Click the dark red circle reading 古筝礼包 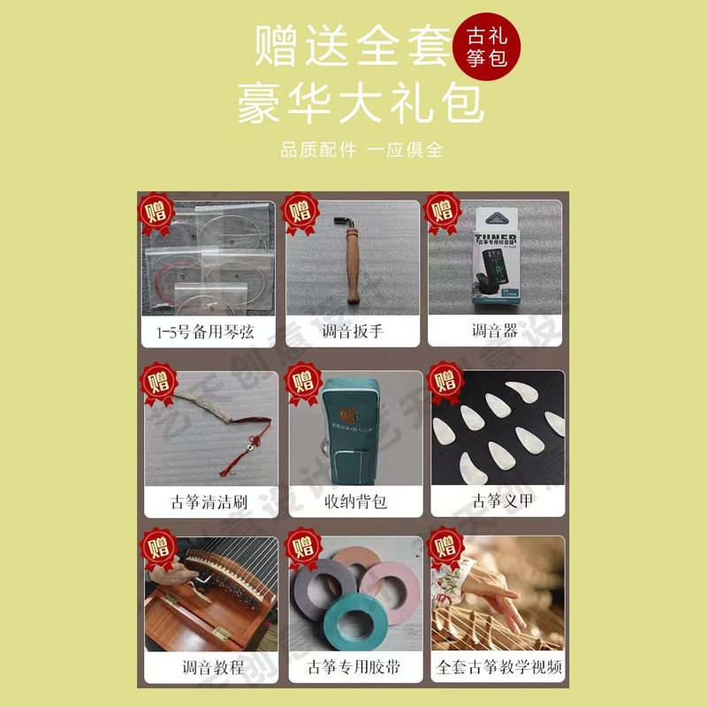click(x=488, y=45)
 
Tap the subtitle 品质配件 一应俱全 click(x=361, y=149)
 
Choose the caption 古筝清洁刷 click(x=208, y=501)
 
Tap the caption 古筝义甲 click(x=496, y=501)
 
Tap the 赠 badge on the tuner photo click(x=444, y=210)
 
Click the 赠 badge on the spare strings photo click(x=158, y=210)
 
